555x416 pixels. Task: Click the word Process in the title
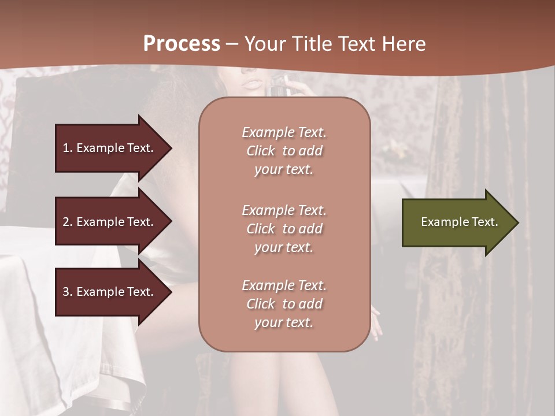[x=182, y=43]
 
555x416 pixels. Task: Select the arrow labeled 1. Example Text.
[x=110, y=148]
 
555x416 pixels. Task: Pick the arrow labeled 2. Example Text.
[x=110, y=222]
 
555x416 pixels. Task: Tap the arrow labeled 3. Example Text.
[x=110, y=292]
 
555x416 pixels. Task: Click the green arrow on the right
[x=457, y=222]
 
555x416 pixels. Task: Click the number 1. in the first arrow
[x=68, y=148]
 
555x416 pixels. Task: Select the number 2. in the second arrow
[x=68, y=222]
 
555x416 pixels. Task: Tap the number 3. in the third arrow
[x=68, y=292]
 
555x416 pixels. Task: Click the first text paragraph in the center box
[x=284, y=151]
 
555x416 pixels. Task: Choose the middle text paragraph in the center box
[x=284, y=229]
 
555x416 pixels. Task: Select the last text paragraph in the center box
[x=284, y=304]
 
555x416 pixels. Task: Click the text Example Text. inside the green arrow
[x=459, y=222]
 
